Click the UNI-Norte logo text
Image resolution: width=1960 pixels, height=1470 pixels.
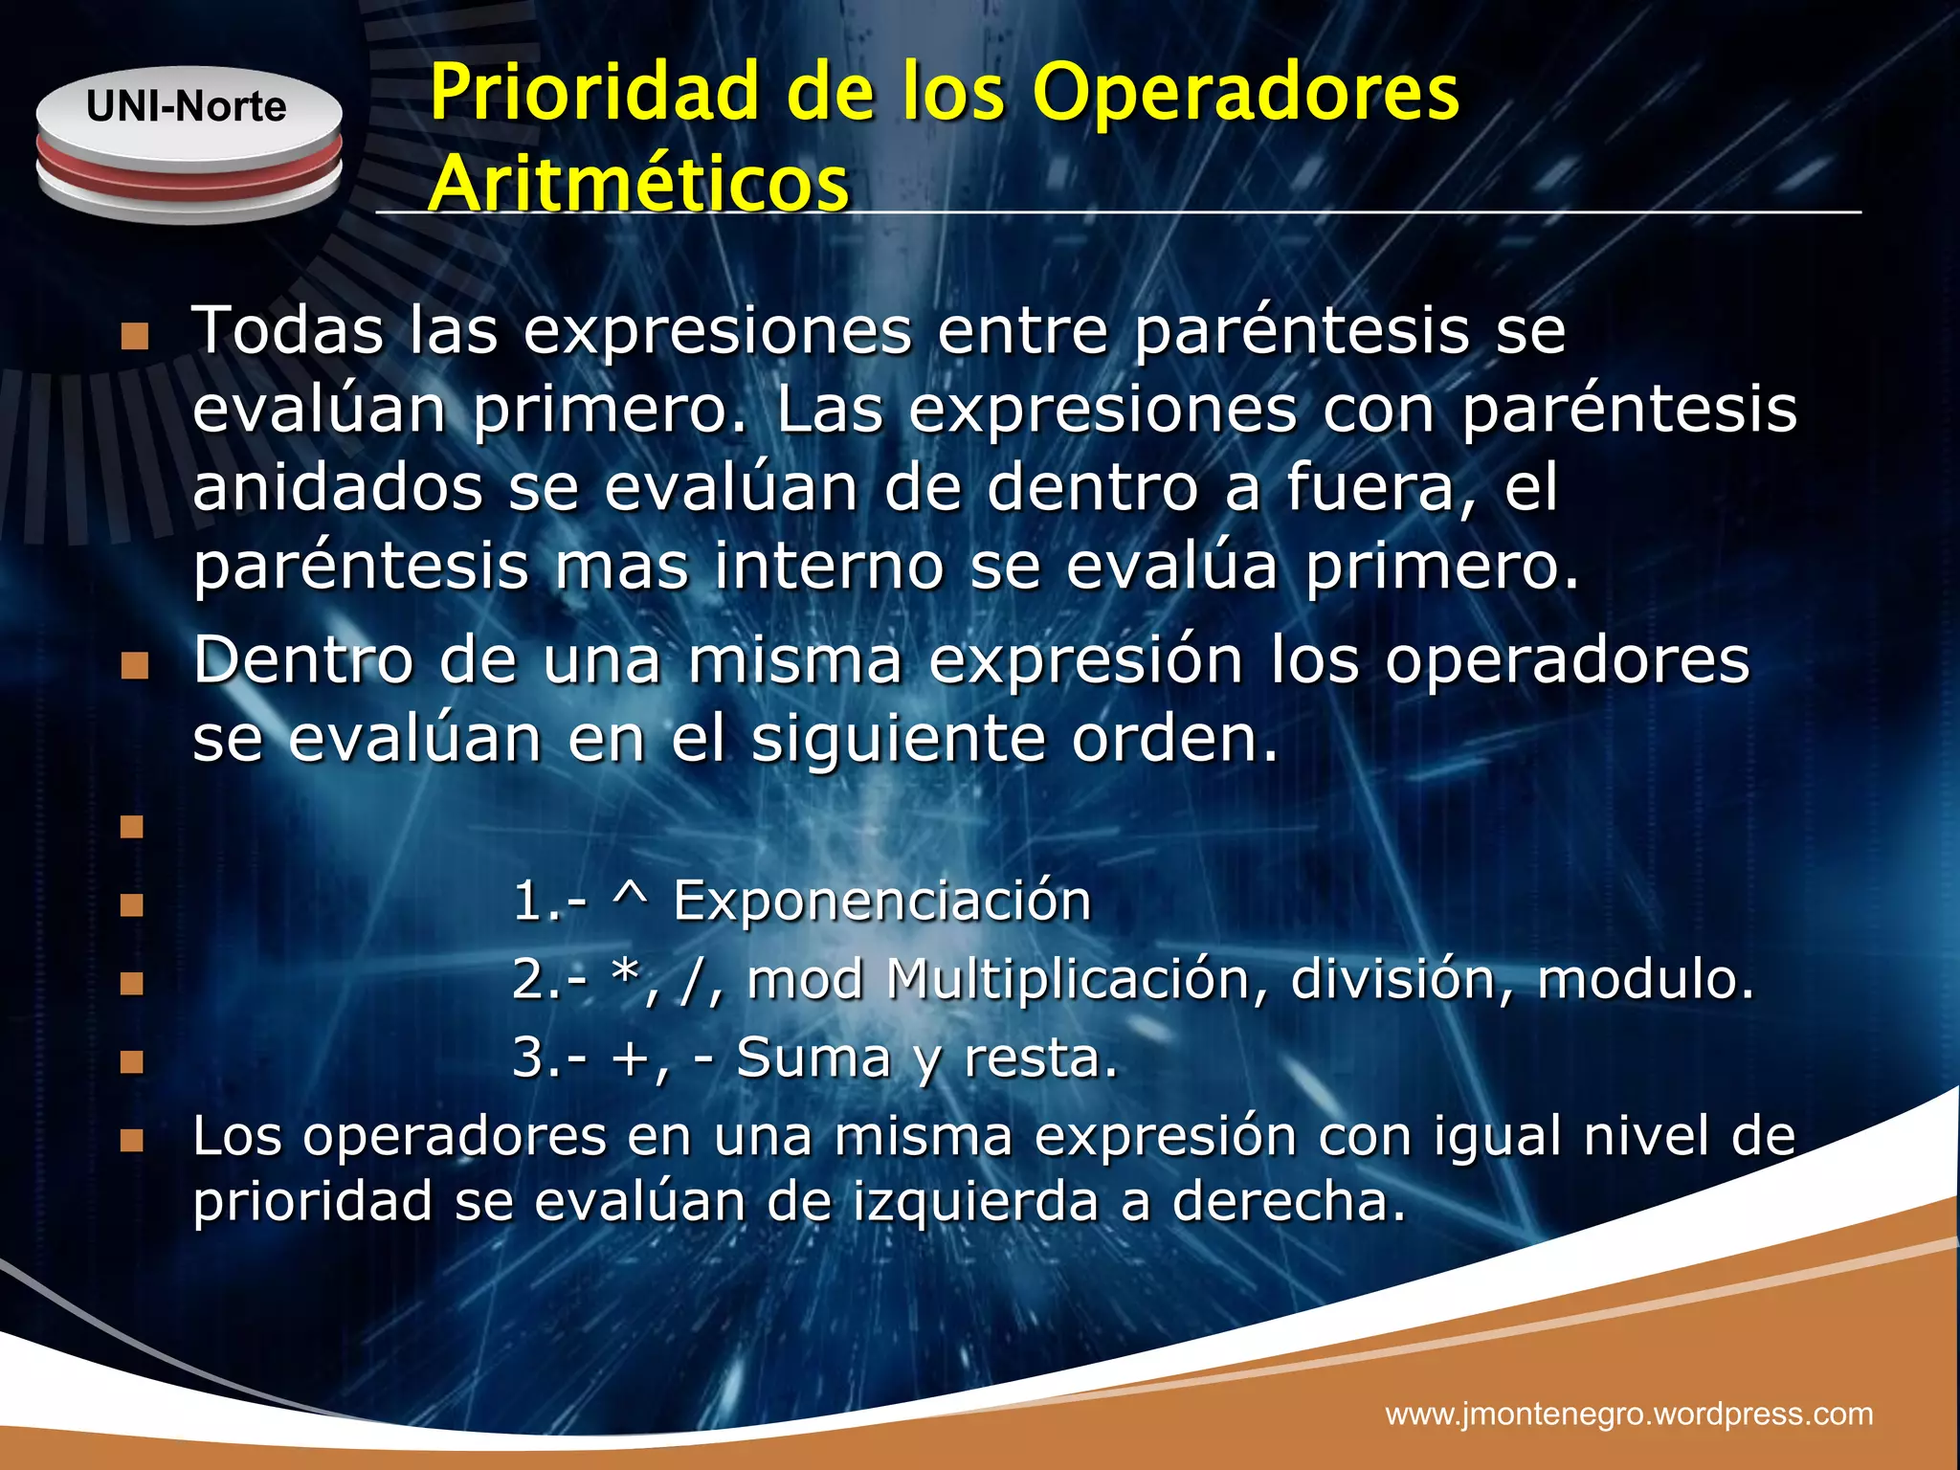tap(186, 106)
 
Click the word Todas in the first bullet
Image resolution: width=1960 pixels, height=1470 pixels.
tap(288, 330)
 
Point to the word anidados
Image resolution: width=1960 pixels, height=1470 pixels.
tap(338, 487)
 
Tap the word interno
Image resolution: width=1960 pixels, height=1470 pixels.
tap(829, 566)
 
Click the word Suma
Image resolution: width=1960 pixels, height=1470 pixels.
tap(813, 1058)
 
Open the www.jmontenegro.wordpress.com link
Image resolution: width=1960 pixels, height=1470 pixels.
tap(1629, 1414)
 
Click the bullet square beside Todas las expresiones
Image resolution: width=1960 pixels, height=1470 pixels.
tap(135, 336)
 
